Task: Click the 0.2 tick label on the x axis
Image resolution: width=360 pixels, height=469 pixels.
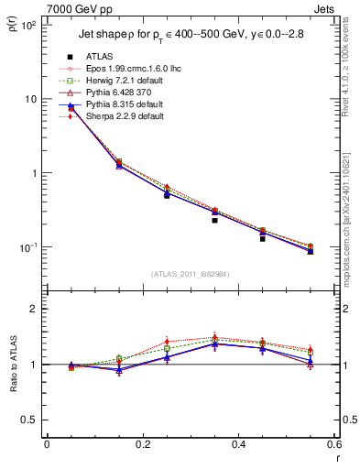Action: pyautogui.click(x=142, y=444)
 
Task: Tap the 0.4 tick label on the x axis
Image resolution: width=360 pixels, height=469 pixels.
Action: pyautogui.click(x=238, y=444)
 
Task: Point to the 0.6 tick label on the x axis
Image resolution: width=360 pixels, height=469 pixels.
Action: pyautogui.click(x=333, y=444)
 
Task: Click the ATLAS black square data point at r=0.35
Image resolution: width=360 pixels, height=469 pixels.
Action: pyautogui.click(x=214, y=220)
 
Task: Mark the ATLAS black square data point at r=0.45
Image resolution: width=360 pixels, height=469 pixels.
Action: pyautogui.click(x=262, y=238)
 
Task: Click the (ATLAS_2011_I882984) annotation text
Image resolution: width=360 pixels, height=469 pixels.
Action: pyautogui.click(x=190, y=273)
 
